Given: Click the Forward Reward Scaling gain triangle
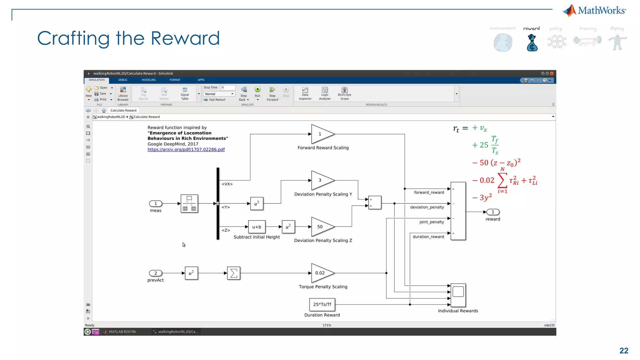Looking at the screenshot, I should point(322,134).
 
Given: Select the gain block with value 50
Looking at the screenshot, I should point(322,227).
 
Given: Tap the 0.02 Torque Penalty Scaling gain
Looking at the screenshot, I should point(322,273).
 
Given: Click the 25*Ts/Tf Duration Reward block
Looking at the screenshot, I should point(322,304).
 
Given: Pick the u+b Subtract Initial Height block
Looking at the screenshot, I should point(257,227).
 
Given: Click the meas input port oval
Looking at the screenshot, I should point(156,203).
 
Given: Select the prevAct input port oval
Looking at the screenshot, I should point(156,273).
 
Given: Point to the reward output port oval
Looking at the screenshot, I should point(493,212).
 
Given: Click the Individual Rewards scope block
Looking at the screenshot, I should point(458,295).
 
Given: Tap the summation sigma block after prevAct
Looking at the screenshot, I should point(233,273).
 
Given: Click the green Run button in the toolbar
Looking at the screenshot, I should point(257,90).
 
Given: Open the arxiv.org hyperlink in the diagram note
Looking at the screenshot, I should point(186,149).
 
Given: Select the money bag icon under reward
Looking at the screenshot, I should point(532,43).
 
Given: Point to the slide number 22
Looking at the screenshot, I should point(624,351).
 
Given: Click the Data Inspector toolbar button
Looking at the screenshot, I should point(305,93).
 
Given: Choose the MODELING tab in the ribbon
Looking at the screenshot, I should point(149,80).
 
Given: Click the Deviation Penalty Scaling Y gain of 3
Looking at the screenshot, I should point(322,180).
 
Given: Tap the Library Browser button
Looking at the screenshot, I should point(123,93).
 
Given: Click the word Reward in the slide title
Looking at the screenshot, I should point(185,38).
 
